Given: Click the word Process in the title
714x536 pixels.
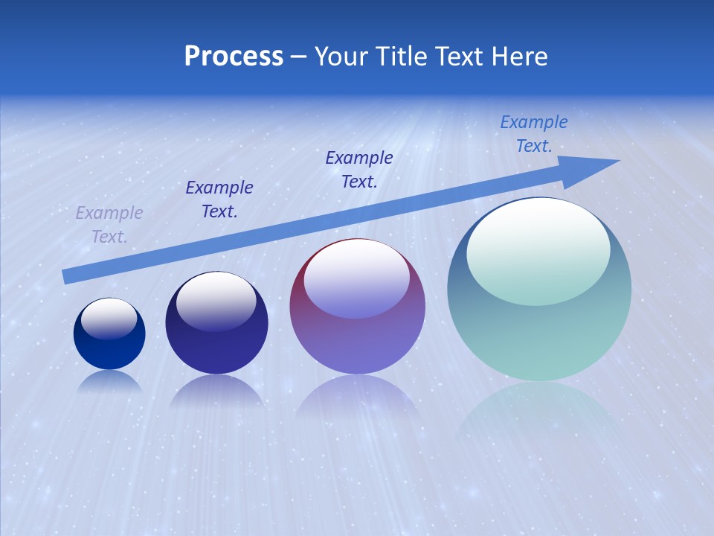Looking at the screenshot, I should pyautogui.click(x=234, y=57).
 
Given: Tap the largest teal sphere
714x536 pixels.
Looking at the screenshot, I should pyautogui.click(x=539, y=328).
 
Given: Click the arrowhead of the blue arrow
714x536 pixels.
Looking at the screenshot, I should pyautogui.click(x=595, y=168).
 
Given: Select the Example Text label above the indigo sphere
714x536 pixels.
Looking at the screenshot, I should pyautogui.click(x=219, y=200).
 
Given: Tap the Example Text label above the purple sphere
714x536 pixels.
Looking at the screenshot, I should pyautogui.click(x=359, y=169).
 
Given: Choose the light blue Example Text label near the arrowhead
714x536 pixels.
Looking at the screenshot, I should pyautogui.click(x=533, y=134).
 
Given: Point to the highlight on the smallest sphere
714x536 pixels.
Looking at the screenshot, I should pyautogui.click(x=109, y=318).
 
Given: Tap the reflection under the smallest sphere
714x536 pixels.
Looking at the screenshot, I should pyautogui.click(x=109, y=381).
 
